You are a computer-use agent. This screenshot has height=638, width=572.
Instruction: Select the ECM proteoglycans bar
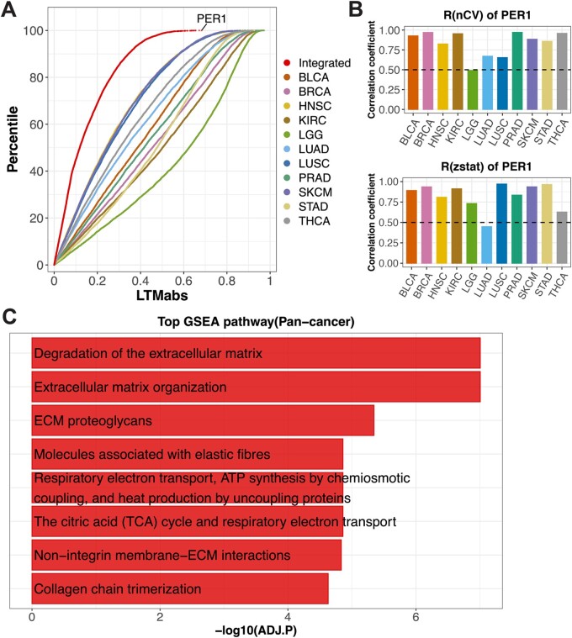[202, 420]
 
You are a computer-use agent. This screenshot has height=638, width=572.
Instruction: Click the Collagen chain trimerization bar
[180, 590]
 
